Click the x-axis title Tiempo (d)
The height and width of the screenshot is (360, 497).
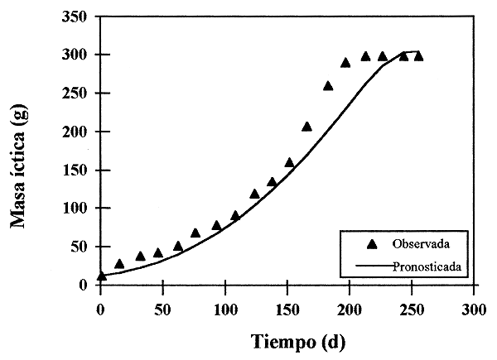tap(287, 341)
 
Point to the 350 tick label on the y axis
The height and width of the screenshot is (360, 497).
tap(78, 17)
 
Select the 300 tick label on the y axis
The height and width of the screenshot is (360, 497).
tap(78, 55)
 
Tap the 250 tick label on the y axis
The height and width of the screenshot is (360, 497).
tap(78, 93)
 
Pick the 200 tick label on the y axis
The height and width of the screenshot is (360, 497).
tap(78, 132)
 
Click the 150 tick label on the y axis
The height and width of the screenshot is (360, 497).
tap(78, 170)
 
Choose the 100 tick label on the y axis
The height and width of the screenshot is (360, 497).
tap(78, 208)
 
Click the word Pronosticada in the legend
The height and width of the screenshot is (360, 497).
tap(427, 267)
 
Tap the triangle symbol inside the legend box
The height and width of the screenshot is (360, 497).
tap(372, 243)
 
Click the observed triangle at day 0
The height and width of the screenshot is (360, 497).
tap(101, 276)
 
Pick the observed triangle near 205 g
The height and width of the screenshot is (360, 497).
tap(307, 127)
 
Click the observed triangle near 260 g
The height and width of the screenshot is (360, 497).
tap(328, 85)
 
